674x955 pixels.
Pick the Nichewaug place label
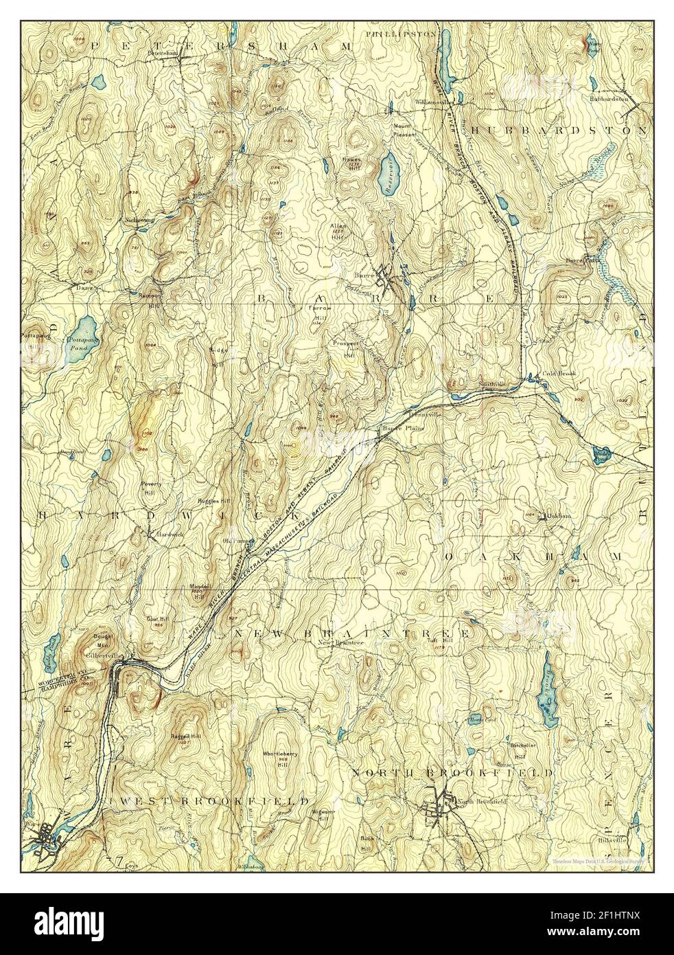click(141, 220)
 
